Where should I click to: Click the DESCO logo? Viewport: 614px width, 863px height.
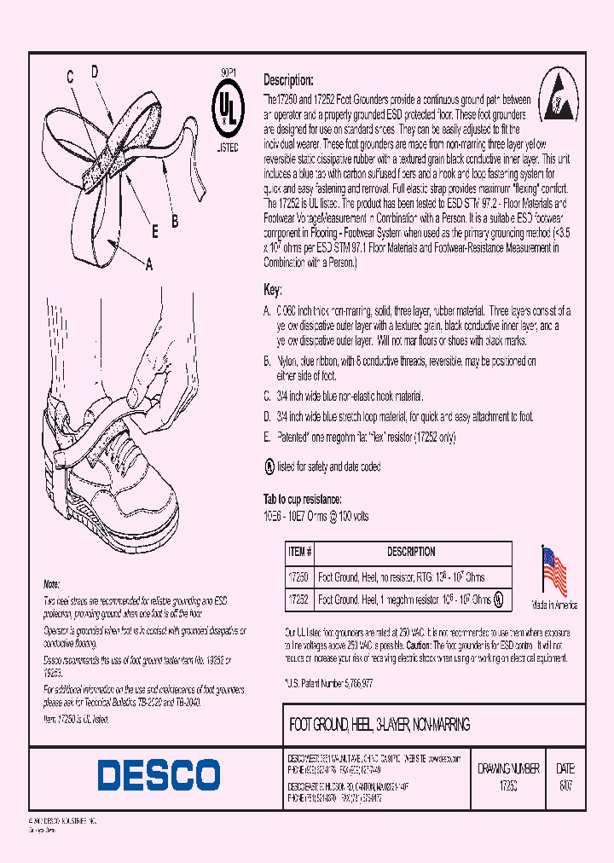pos(159,775)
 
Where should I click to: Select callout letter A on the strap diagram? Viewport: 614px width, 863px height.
pos(148,265)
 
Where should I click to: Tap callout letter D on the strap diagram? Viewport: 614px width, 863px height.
pos(95,72)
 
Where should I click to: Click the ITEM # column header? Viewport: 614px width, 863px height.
pos(301,552)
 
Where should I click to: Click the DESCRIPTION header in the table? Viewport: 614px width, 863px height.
pos(412,552)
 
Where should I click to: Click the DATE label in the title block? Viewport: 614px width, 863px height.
pos(565,768)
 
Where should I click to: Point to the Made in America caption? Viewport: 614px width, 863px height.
pos(554,605)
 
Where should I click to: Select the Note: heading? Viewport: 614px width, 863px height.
pos(52,584)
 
